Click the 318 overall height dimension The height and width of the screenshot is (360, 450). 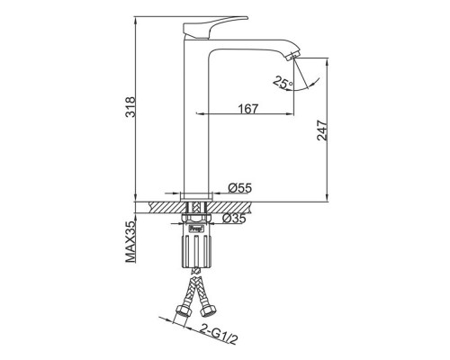point(130,107)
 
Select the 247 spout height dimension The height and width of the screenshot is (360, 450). point(322,130)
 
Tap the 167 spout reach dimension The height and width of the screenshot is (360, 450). point(248,109)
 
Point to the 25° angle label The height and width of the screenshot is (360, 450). point(283,83)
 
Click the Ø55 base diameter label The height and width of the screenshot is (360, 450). point(239,188)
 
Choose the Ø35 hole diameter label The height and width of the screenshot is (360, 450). point(234,218)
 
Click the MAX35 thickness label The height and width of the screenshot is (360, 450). point(130,242)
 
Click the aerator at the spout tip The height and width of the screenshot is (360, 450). point(293,56)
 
